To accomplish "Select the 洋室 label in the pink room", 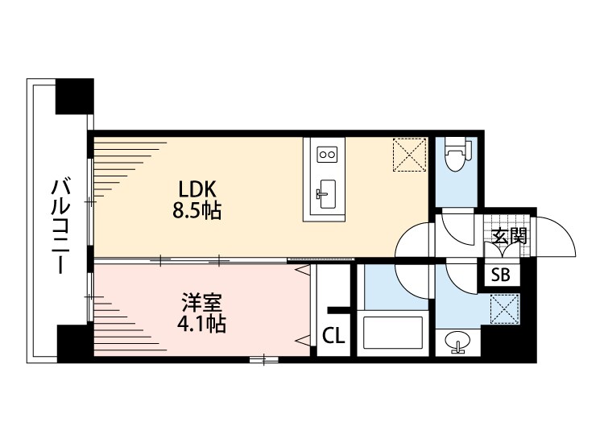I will click(x=202, y=304).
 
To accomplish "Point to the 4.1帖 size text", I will click(x=202, y=325).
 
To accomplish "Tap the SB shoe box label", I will click(x=500, y=275).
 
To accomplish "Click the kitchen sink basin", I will click(x=326, y=193).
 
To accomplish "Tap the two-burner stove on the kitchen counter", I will click(x=327, y=153).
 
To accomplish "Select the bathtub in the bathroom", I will click(x=394, y=333).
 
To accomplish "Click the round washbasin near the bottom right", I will click(x=458, y=342).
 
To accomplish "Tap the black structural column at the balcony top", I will click(x=74, y=97).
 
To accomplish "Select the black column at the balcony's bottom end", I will click(x=74, y=342).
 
